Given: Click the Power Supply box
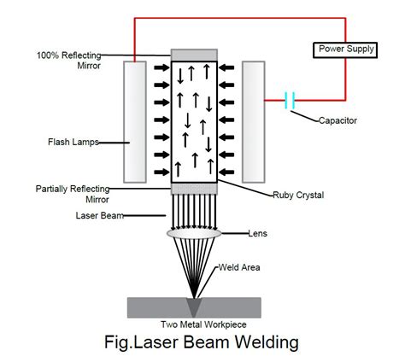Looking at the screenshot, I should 347,49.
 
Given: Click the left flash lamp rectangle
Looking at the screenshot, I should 135,121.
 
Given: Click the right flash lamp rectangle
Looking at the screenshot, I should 254,121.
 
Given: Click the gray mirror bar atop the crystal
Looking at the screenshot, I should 194,55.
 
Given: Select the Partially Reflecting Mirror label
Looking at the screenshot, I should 70,193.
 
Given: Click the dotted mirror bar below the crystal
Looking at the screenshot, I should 194,188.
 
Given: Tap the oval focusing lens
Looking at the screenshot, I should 194,231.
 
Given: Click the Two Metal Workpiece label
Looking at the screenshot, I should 195,324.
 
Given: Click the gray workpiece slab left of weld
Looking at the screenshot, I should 154,306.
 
